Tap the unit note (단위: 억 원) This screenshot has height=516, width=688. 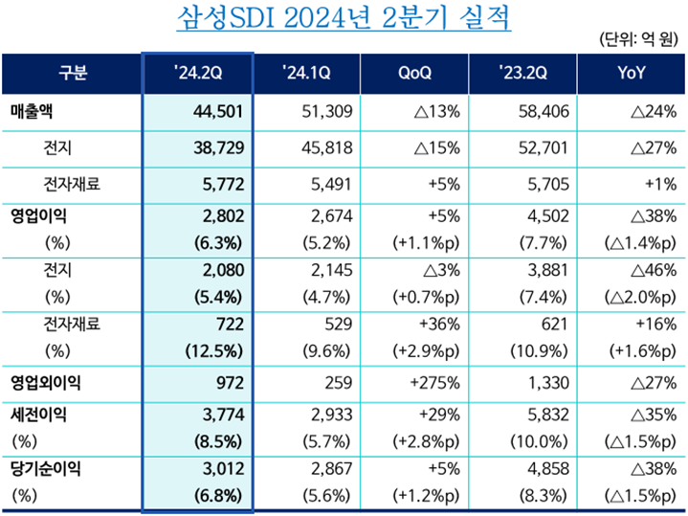pyautogui.click(x=638, y=39)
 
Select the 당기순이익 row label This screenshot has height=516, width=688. pyautogui.click(x=46, y=469)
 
